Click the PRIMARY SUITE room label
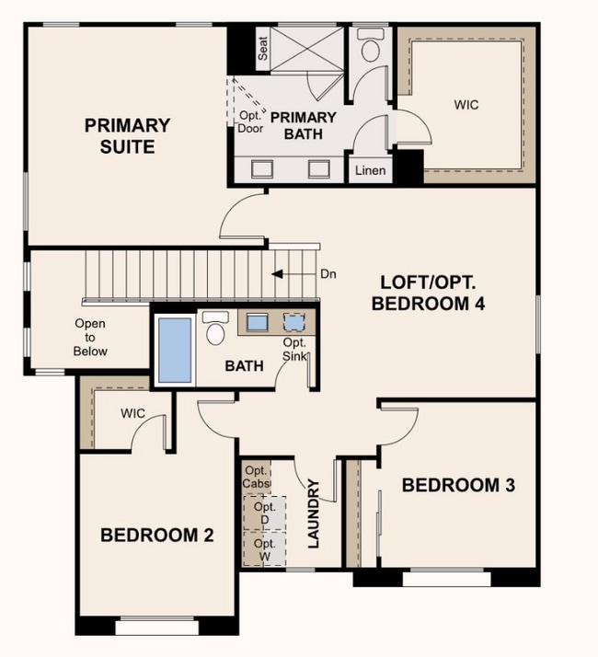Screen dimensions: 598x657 pos(127,136)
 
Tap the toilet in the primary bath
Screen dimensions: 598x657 pos(371,45)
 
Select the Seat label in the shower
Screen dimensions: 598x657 pos(263,48)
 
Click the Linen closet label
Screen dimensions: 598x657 pos(371,170)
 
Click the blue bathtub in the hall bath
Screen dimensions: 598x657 pos(175,351)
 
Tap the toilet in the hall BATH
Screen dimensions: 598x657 pos(215,328)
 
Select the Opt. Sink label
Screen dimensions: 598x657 pos(294,349)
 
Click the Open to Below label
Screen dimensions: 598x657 pos(90,338)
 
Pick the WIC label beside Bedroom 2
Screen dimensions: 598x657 pos(132,413)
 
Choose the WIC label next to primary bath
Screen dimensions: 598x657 pos(466,104)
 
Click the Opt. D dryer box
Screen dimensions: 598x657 pos(265,513)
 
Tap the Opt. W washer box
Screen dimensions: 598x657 pos(265,549)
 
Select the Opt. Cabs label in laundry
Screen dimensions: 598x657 pos(257,477)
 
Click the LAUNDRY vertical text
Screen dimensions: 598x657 pos(314,513)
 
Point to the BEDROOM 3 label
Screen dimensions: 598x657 pos(458,485)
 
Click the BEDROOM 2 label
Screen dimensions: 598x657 pos(157,535)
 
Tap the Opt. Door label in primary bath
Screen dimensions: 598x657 pos(251,122)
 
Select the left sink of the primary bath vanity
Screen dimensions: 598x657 pos(262,169)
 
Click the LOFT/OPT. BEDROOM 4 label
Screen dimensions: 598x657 pos(429,293)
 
